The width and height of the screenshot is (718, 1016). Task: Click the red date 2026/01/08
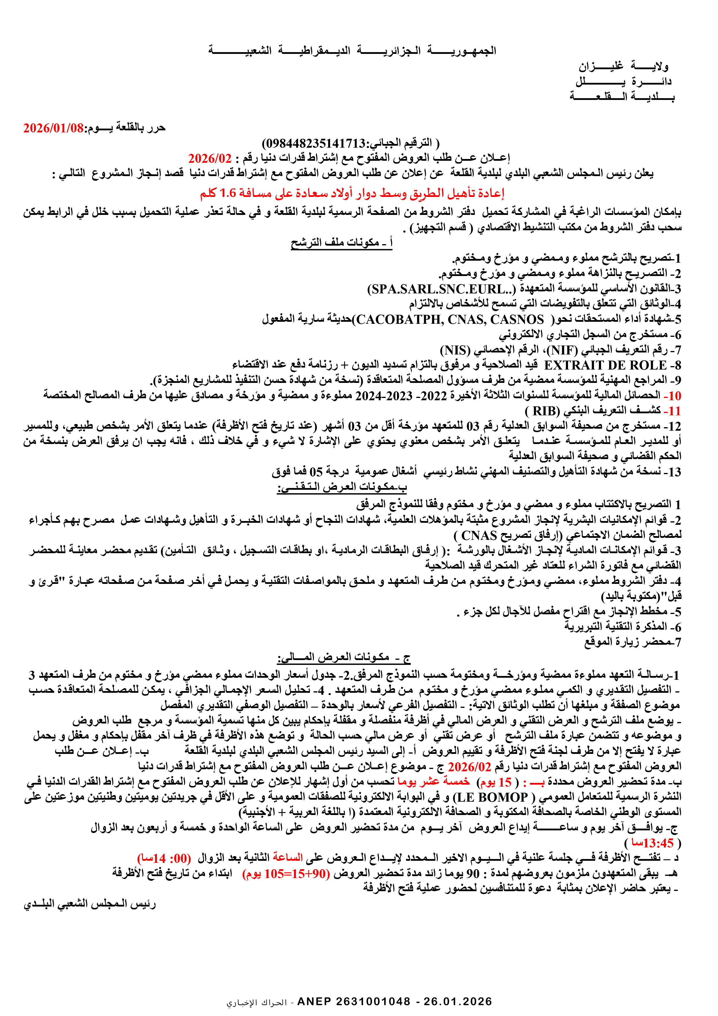tap(54, 128)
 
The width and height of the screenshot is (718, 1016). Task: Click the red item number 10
tap(675, 396)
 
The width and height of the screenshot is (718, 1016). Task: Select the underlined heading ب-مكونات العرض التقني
tap(342, 487)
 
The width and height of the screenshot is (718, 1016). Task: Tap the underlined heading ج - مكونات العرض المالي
tap(344, 657)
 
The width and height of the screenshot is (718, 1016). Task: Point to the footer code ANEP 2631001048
tap(354, 1002)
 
